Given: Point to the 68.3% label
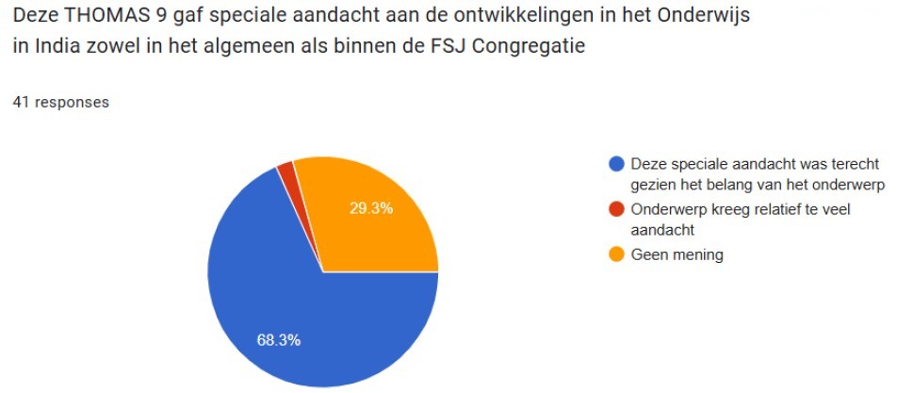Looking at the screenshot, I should [278, 340].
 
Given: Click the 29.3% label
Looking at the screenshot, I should [370, 208].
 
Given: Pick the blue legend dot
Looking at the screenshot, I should [617, 163].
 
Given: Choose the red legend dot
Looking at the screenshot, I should [617, 209].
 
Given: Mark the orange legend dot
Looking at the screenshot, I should [617, 254].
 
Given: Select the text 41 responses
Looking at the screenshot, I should [60, 102].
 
